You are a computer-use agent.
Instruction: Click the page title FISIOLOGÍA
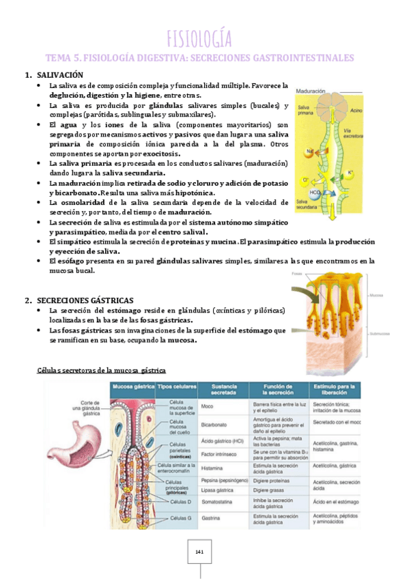coord(199,37)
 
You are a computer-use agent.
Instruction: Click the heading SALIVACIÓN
coord(59,74)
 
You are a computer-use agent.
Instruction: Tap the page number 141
coord(200,550)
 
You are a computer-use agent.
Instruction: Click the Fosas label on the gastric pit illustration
coord(296,273)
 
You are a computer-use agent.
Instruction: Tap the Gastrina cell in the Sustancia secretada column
coord(211,518)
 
